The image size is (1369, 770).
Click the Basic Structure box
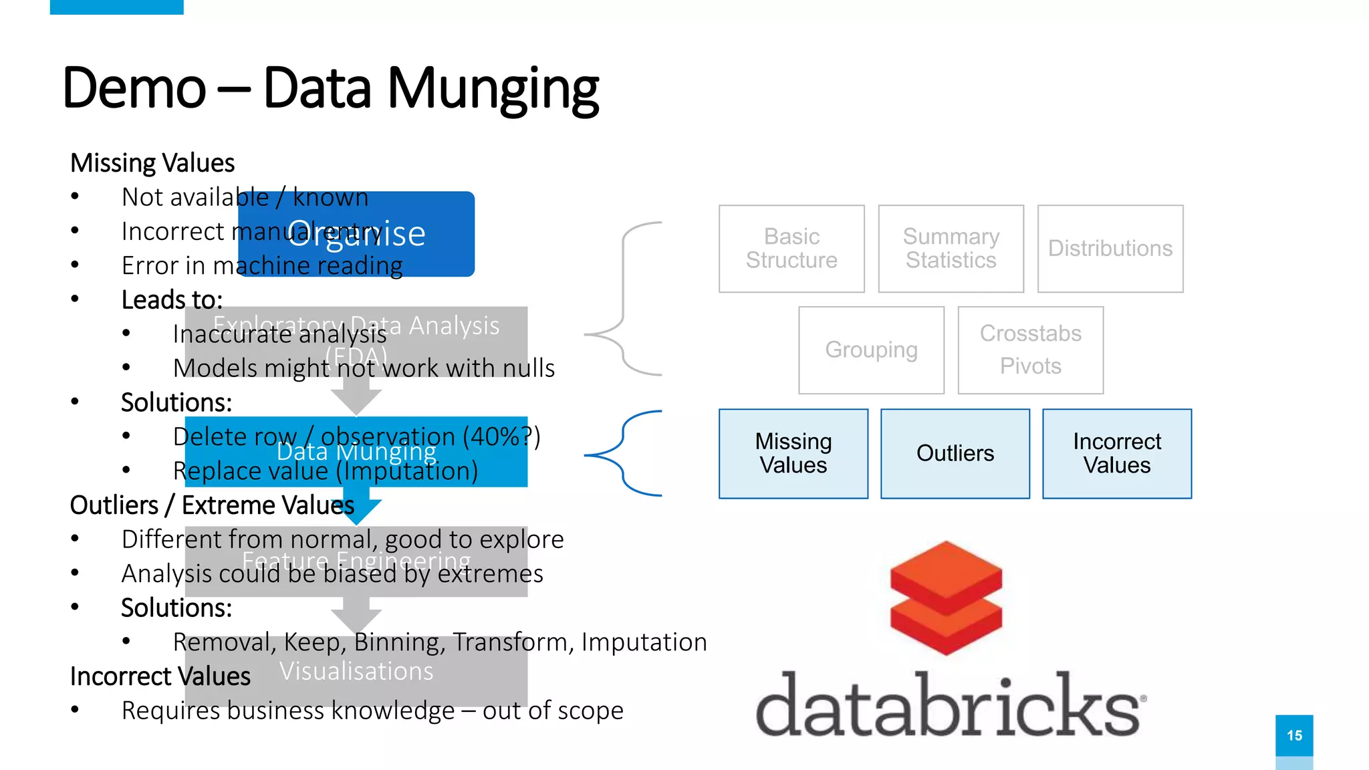791,249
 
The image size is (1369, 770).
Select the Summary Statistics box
951,249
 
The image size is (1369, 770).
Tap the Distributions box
1110,249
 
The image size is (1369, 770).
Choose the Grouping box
871,350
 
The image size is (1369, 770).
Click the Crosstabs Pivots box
1030,350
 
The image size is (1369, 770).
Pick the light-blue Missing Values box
793,453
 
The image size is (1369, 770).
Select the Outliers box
955,453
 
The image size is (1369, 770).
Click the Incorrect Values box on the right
1116,453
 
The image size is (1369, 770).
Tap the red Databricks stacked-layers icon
946,597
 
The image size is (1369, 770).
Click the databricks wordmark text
949,706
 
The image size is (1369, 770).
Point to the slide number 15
1294,735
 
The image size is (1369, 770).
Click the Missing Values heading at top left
152,163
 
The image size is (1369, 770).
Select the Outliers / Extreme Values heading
212,505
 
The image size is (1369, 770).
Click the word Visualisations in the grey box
356,671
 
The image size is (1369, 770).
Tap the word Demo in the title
134,89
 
